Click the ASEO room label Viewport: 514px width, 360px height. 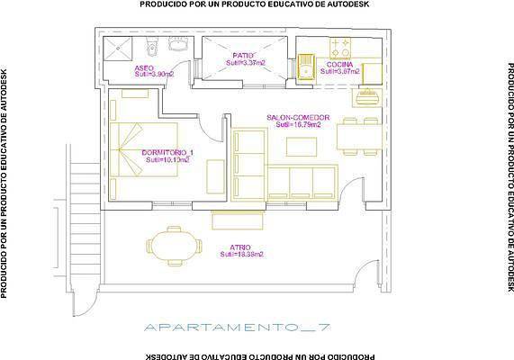[143, 68]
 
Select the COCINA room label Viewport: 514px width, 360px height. [338, 64]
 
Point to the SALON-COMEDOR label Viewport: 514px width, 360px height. [298, 118]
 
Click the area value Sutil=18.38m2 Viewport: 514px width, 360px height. [241, 255]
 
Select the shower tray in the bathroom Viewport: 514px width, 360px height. [121, 48]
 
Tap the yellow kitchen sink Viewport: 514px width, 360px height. [305, 65]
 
